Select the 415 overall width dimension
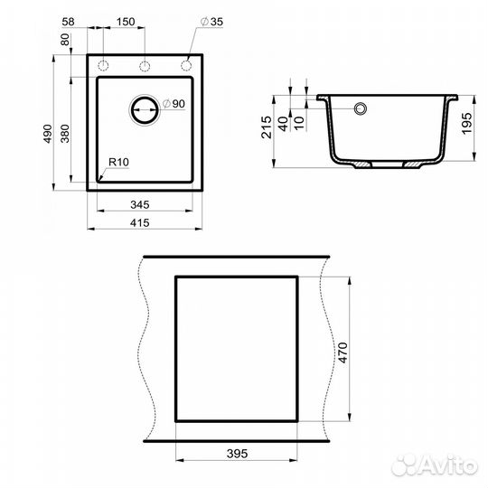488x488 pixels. [145, 221]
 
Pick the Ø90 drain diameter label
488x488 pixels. [174, 105]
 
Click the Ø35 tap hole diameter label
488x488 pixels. [211, 22]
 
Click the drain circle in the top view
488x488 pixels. [145, 108]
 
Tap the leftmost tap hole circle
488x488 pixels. [103, 66]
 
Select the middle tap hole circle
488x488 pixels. [145, 66]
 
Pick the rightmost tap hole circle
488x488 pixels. [186, 66]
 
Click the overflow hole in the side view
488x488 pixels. [360, 109]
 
